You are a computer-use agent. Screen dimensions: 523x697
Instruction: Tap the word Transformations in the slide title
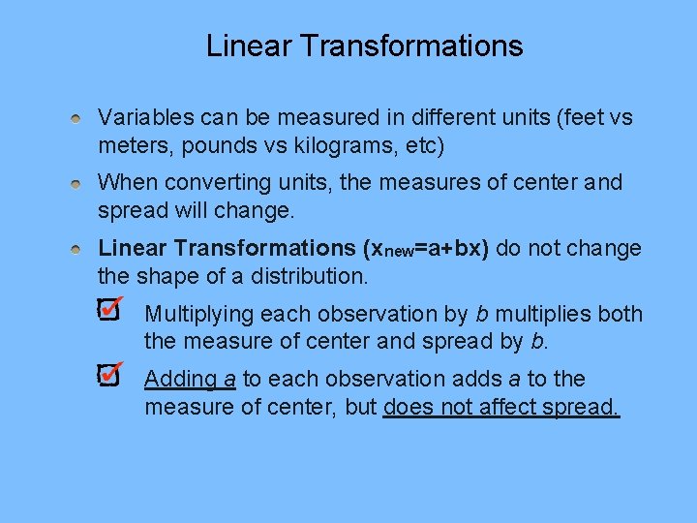pos(410,46)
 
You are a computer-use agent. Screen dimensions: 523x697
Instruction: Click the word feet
pos(577,118)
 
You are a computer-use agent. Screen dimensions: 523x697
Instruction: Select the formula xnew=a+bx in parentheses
pos(424,249)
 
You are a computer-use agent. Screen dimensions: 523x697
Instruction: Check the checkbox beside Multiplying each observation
pos(107,311)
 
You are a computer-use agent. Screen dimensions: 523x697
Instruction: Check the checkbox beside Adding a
pos(107,376)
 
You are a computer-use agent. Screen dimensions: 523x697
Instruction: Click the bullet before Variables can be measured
pos(76,118)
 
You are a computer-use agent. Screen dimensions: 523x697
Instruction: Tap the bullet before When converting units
pos(76,183)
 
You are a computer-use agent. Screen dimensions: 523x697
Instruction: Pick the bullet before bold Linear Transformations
pos(76,249)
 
